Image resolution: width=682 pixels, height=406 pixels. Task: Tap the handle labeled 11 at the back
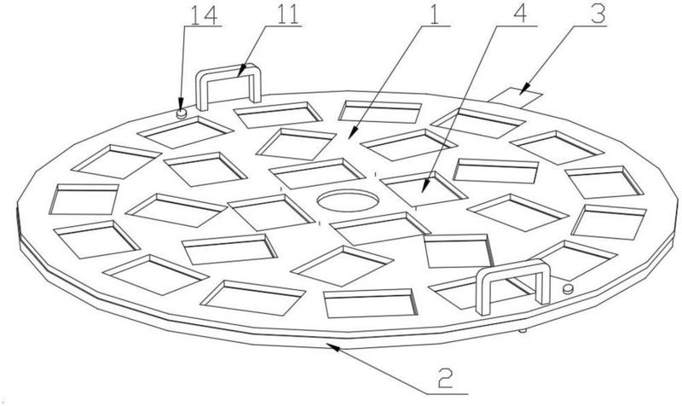[229, 85]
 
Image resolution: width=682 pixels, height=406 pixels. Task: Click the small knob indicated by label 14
[181, 111]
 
